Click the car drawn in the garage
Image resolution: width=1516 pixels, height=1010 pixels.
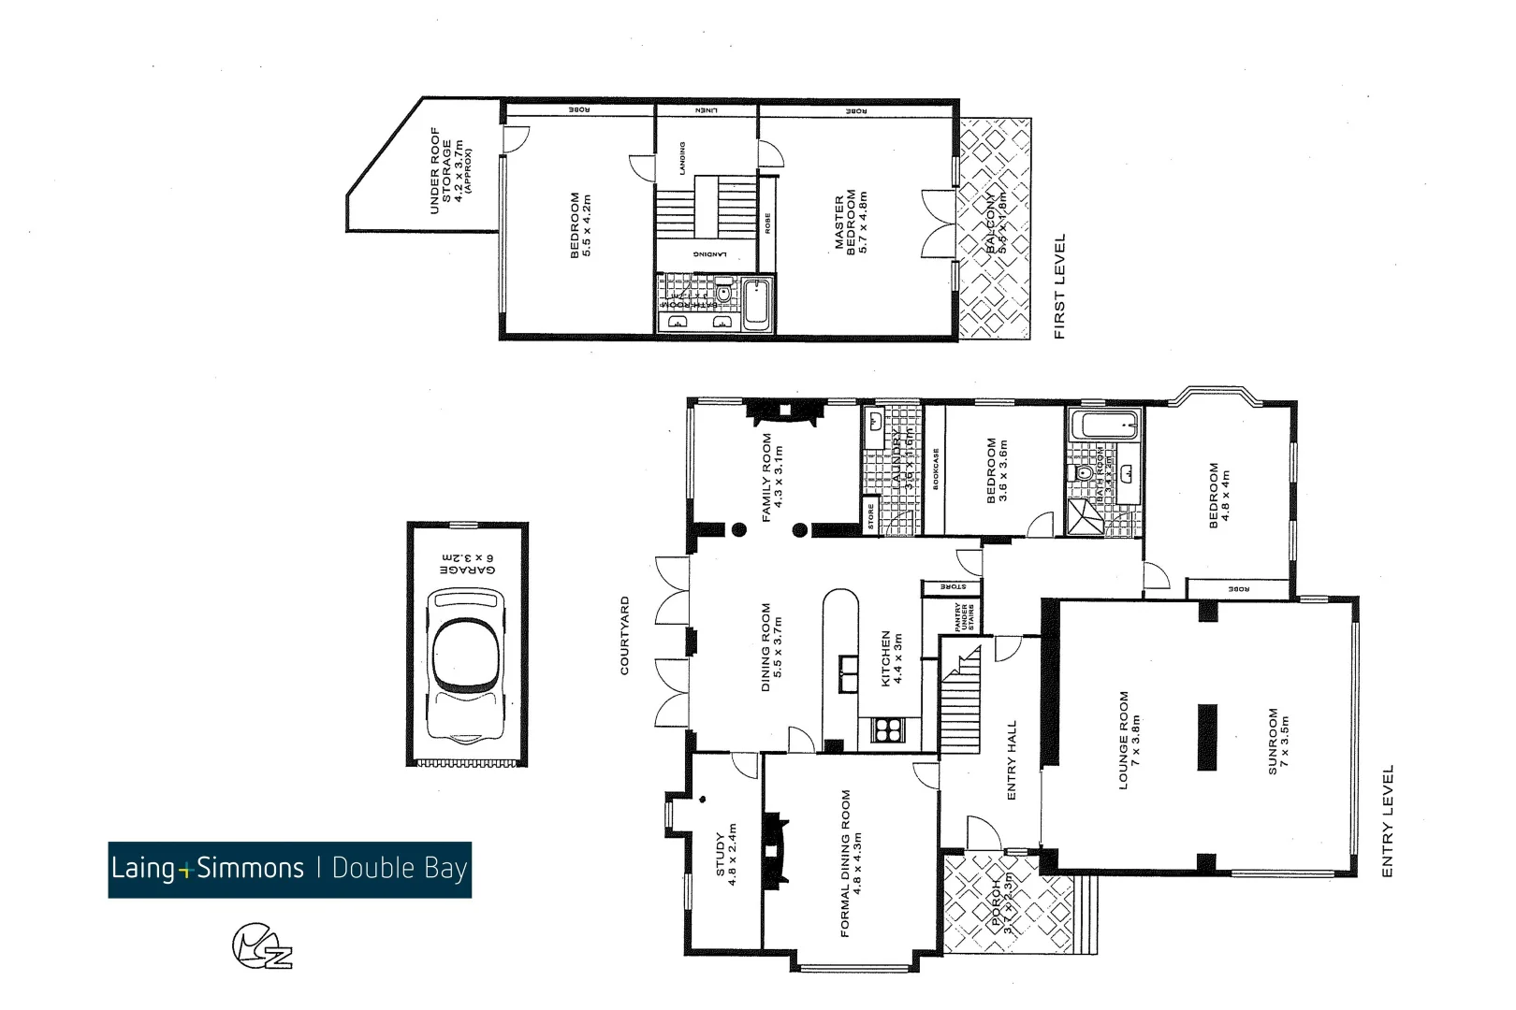465,665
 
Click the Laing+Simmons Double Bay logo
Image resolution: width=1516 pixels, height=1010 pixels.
289,870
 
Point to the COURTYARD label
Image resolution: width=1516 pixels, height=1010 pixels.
625,636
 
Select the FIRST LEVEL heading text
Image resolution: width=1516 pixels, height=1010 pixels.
1060,285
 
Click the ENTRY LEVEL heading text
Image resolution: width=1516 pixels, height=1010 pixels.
1388,820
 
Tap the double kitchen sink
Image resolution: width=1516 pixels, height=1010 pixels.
848,670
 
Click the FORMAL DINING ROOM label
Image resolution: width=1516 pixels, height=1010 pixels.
851,862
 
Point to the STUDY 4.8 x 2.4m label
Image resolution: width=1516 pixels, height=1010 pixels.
726,854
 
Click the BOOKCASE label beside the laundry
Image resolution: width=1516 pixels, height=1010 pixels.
936,468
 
